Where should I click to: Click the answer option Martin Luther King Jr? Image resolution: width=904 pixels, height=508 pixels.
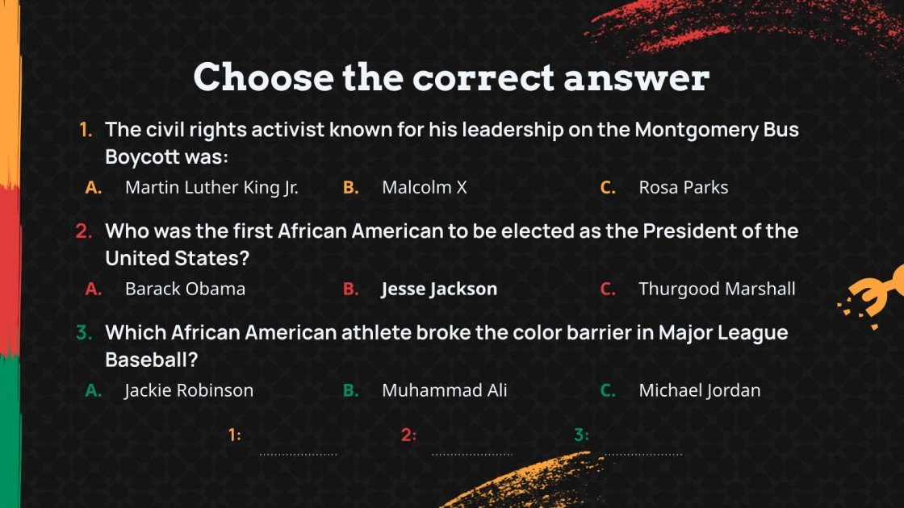tap(211, 188)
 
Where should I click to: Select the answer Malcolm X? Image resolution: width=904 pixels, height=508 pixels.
tap(425, 187)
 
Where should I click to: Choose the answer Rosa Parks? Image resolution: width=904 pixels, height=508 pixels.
tap(683, 187)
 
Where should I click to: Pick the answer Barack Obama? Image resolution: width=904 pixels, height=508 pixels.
tap(185, 289)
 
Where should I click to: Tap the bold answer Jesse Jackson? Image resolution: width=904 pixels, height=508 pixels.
tap(439, 289)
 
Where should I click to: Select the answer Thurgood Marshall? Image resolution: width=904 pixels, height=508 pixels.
tap(717, 289)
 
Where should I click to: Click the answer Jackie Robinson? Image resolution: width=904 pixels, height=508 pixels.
tap(189, 390)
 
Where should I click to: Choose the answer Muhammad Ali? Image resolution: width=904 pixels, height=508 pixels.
tap(445, 390)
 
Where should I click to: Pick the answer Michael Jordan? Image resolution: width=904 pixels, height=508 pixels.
tap(699, 390)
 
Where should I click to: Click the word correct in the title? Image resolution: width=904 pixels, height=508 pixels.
tap(483, 77)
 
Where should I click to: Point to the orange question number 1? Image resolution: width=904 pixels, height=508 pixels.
tap(86, 130)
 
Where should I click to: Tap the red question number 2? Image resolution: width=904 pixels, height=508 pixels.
tap(84, 231)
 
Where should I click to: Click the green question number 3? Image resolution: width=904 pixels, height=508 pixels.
tap(84, 332)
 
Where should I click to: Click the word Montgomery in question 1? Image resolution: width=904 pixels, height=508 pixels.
tap(697, 131)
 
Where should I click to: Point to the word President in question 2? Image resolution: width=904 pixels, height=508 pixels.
tap(689, 231)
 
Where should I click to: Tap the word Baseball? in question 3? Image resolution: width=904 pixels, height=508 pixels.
tap(152, 360)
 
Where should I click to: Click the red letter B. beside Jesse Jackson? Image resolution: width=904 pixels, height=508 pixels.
tap(350, 289)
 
